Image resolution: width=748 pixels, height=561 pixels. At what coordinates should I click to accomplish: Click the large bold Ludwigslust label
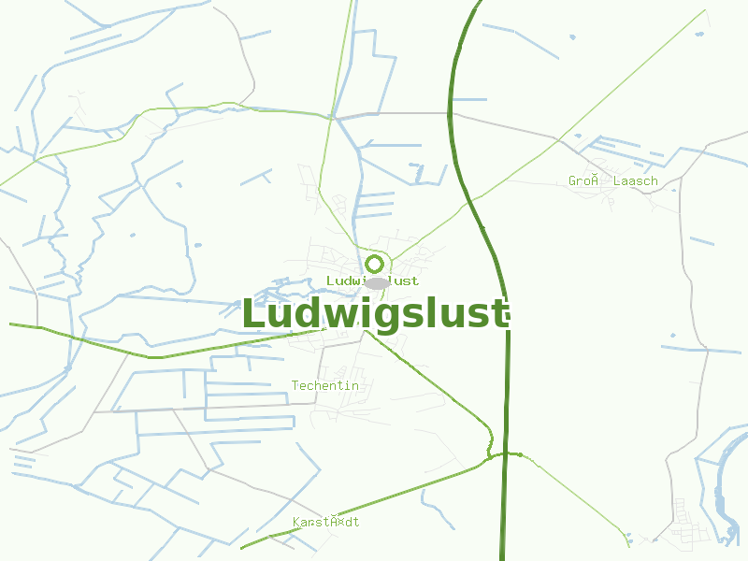coord(375,314)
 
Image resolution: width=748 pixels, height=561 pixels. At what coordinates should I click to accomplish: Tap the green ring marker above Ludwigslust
coord(375,264)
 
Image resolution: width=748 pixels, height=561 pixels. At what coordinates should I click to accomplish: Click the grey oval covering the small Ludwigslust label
coord(377,282)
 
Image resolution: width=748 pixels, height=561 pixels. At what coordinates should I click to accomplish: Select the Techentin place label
coord(324,385)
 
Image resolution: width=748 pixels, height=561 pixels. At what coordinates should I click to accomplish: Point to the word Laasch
coord(635,180)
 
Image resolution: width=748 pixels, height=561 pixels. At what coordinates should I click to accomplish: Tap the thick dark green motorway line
coord(507,374)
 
